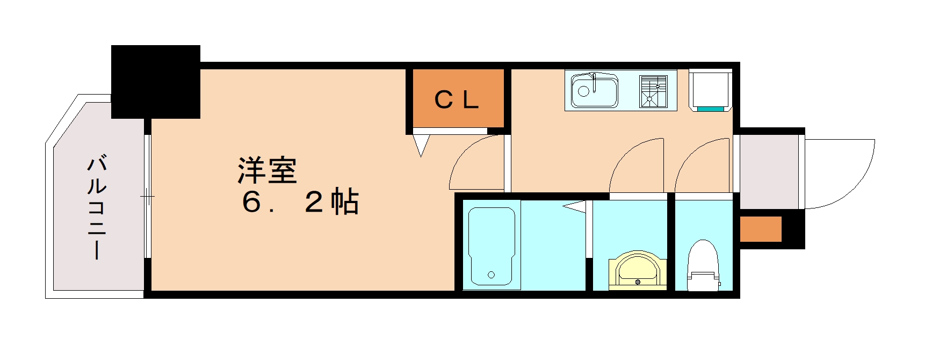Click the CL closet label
point(456,100)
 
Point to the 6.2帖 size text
point(300,203)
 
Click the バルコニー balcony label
point(97,207)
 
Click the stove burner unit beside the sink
point(653,91)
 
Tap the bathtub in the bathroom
point(492,246)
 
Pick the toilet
point(703,266)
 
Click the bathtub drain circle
point(492,275)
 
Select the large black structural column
point(156,82)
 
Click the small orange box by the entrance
point(760,229)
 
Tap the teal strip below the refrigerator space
point(710,109)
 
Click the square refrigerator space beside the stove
point(710,89)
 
